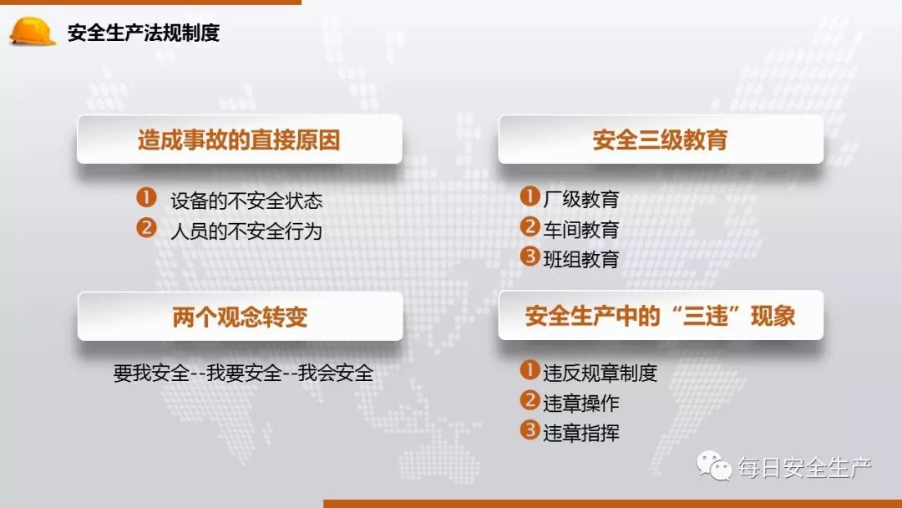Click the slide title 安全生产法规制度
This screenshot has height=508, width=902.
click(x=144, y=33)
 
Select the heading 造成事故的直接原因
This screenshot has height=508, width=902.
click(x=239, y=140)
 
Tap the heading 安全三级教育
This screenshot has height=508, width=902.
click(x=660, y=140)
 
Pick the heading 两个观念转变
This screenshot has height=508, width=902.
click(x=240, y=317)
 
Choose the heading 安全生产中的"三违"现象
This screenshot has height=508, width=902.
click(x=660, y=316)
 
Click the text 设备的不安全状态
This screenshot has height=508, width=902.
click(x=246, y=201)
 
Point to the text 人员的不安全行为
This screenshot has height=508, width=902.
click(x=246, y=231)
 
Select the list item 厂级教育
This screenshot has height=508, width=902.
click(x=581, y=200)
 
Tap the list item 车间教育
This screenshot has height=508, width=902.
click(x=581, y=229)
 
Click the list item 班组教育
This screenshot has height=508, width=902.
click(x=581, y=259)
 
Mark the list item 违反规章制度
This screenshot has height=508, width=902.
click(x=600, y=373)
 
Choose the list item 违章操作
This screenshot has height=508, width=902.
click(x=581, y=403)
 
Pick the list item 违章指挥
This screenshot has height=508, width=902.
click(x=581, y=433)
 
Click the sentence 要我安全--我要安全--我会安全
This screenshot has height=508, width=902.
click(x=243, y=373)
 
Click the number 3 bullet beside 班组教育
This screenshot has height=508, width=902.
click(x=530, y=257)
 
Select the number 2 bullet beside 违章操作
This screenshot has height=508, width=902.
click(x=530, y=400)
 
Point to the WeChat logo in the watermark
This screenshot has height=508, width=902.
click(x=714, y=465)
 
